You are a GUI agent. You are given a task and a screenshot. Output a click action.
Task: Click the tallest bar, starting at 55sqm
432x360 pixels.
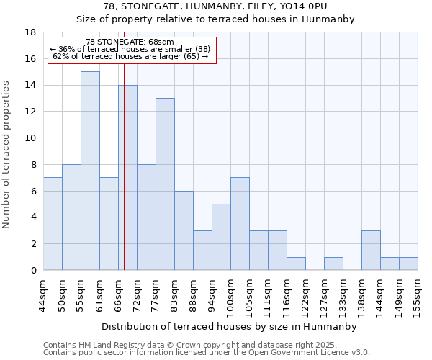[x=90, y=171]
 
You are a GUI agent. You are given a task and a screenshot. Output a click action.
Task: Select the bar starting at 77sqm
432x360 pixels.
[x=165, y=184]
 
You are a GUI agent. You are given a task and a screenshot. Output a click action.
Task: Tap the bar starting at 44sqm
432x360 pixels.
[x=53, y=223]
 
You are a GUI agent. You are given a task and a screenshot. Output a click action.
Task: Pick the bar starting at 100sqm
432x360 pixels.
[x=240, y=223]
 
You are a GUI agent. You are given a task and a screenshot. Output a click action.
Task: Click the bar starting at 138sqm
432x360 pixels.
[x=371, y=250]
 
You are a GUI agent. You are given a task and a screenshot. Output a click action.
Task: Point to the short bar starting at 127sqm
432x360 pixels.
[x=333, y=264]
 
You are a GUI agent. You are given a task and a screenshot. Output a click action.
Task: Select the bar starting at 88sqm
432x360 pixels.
[x=202, y=250]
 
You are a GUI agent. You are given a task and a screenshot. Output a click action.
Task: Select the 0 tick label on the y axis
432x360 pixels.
[x=33, y=271]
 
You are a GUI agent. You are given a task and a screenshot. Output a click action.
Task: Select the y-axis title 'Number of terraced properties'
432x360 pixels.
[x=7, y=155]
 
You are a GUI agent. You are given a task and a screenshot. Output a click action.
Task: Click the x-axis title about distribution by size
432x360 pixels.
[x=229, y=326]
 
